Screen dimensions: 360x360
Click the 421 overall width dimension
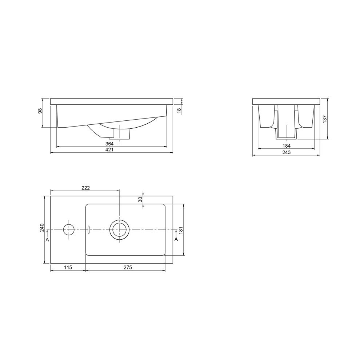[x=109, y=150]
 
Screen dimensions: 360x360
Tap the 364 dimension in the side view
[x=109, y=144]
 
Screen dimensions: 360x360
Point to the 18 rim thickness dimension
[x=179, y=110]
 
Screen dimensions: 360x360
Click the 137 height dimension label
[x=325, y=119]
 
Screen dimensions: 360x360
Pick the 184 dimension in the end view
[x=287, y=146]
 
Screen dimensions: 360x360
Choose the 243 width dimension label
[x=287, y=152]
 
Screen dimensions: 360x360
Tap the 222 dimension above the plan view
[x=85, y=188]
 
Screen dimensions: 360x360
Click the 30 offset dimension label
[x=140, y=199]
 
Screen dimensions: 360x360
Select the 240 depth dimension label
[x=42, y=228]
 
